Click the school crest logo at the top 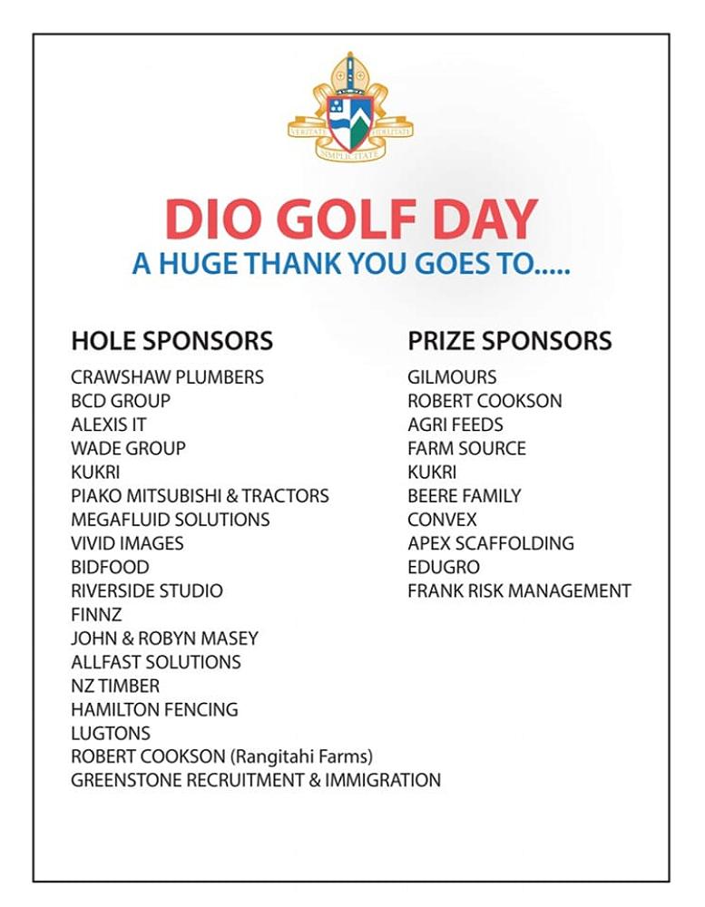coord(350,109)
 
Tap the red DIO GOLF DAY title coord(351,219)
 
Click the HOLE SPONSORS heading coord(171,341)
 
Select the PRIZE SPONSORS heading coord(509,341)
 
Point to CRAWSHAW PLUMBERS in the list coord(167,377)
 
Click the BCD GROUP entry coord(121,401)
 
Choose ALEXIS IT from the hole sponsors coord(108,424)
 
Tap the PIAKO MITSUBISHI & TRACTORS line coord(200,496)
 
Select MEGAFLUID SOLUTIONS coord(170,520)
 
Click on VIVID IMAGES coord(127,543)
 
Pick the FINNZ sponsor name coord(96,615)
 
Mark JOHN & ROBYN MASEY coord(164,639)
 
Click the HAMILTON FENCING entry coord(154,709)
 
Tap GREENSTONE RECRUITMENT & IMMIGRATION coord(256,780)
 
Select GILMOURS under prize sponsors coord(452,377)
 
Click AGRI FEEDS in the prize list coord(455,424)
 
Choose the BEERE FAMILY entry coord(464,496)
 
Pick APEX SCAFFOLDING coord(490,543)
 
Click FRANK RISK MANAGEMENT coord(519,591)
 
